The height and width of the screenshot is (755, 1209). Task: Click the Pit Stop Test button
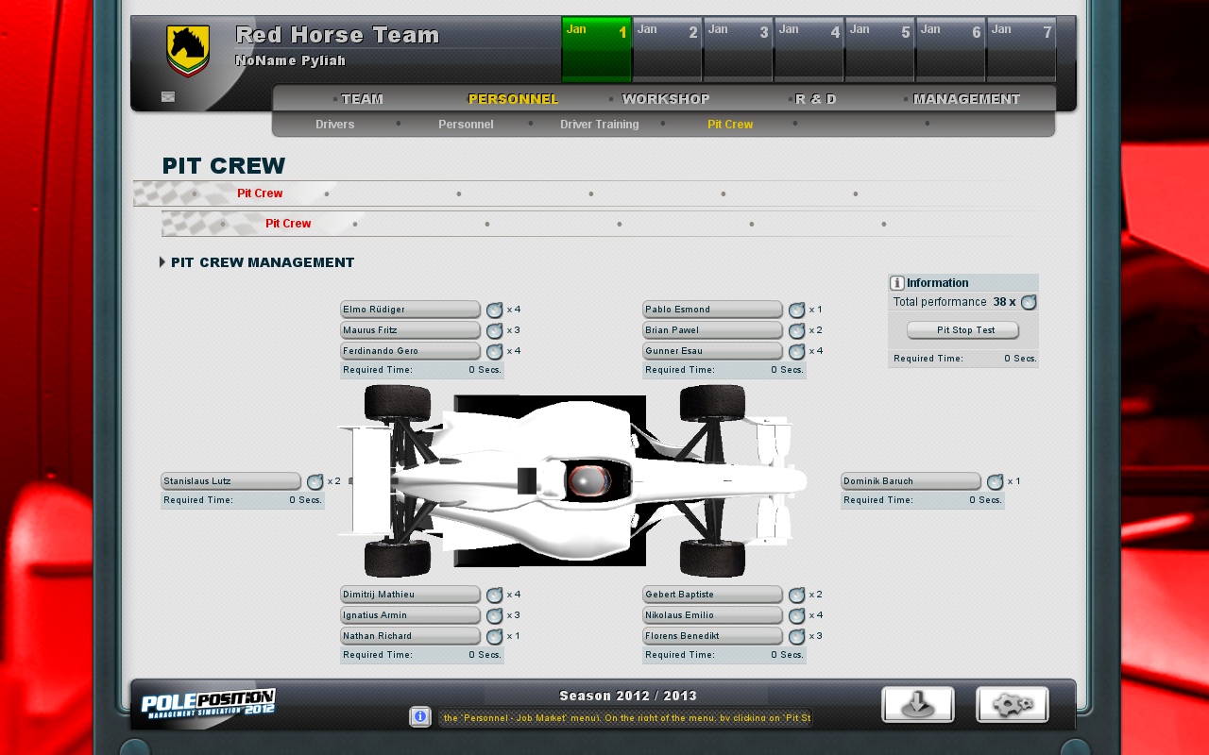(x=962, y=330)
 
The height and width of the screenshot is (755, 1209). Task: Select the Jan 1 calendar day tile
(x=596, y=49)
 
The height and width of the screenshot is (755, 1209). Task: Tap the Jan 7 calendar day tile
(x=1021, y=49)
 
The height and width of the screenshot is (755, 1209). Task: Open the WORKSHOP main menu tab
(x=666, y=99)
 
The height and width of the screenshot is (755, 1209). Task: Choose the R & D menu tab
(x=815, y=99)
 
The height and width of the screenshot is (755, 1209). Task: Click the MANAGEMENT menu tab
(x=966, y=99)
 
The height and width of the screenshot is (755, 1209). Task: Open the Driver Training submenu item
(x=599, y=125)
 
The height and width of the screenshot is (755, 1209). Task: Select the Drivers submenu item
(x=334, y=125)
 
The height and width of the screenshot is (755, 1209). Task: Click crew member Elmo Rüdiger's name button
(x=410, y=310)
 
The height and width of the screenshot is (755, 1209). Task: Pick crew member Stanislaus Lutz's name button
(x=230, y=481)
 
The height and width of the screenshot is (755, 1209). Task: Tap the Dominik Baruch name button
(x=911, y=481)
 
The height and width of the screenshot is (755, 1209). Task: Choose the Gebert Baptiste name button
(x=712, y=595)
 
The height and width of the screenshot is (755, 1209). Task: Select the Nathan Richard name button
(x=410, y=636)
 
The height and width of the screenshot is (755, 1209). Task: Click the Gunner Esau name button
(x=712, y=351)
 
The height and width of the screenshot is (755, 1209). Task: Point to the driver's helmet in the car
(x=587, y=481)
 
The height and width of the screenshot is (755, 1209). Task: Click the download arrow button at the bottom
(x=917, y=705)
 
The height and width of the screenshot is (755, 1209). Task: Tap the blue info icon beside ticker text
(x=420, y=717)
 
